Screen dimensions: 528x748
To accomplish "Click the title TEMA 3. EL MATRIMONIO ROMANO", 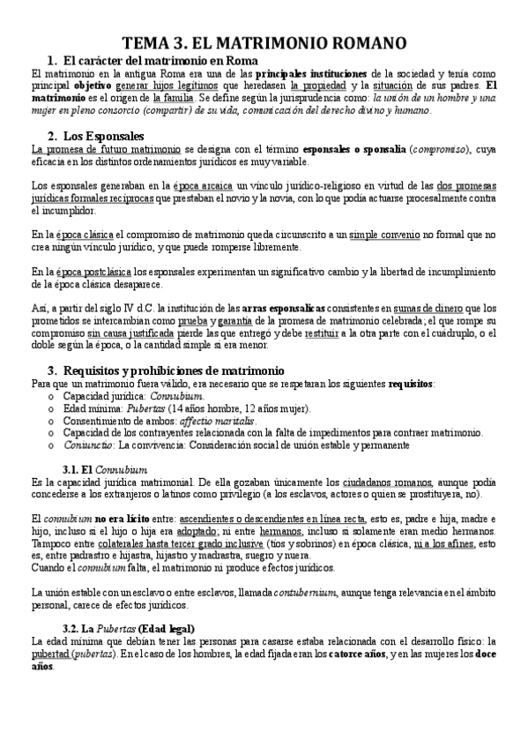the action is click(x=264, y=43).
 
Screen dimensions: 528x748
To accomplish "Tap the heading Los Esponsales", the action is click(x=102, y=136).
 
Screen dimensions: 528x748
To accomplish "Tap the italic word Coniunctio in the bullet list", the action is click(x=86, y=445).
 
